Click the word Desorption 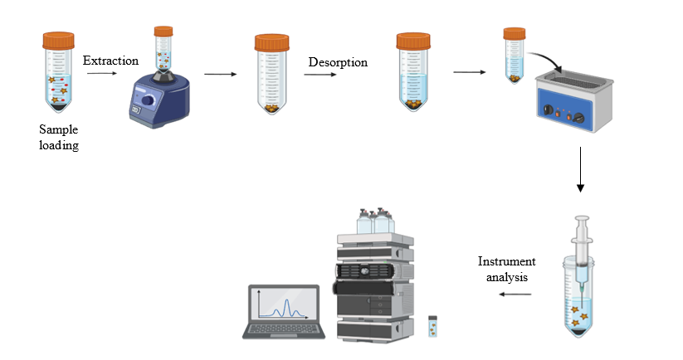click(338, 62)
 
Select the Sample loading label click(59, 138)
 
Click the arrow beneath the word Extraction click(100, 74)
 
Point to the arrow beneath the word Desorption click(319, 75)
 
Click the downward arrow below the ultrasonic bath click(580, 169)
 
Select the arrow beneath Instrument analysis click(515, 293)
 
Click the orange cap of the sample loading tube click(59, 40)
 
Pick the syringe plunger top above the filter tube click(582, 219)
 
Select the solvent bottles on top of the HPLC click(373, 221)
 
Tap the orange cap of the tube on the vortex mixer click(163, 31)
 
